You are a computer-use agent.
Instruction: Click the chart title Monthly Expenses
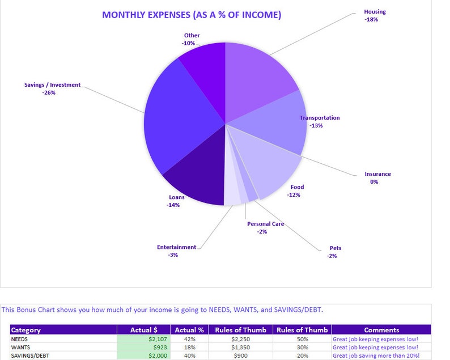(191, 15)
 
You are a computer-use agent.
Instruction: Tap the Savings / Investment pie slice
(179, 119)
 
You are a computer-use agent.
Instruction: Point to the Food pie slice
(272, 167)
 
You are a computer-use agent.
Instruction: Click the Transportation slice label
(320, 118)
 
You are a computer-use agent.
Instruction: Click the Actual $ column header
(144, 330)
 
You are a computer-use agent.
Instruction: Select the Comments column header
(381, 330)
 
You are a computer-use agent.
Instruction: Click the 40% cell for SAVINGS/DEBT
(189, 355)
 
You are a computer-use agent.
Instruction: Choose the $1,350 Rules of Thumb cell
(240, 347)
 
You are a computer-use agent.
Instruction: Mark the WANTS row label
(22, 347)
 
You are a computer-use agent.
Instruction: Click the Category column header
(26, 330)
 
